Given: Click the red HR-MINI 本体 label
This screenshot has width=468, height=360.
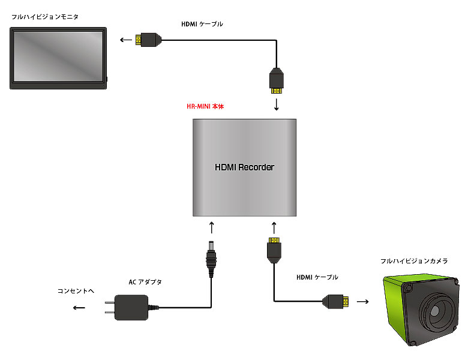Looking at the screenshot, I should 205,106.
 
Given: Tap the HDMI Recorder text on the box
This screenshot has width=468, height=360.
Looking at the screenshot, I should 244,167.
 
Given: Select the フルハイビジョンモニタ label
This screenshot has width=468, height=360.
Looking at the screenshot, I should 45,17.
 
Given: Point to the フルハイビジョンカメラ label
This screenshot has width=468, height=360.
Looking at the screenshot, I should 414,262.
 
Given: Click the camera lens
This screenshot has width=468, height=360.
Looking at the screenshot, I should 436,311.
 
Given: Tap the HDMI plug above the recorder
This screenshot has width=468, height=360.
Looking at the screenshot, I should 277,80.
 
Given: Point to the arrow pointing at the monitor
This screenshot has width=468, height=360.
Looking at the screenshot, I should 126,40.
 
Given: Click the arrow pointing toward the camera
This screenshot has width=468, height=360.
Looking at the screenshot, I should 362,301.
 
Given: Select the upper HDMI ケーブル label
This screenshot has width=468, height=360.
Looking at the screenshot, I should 202,25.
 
